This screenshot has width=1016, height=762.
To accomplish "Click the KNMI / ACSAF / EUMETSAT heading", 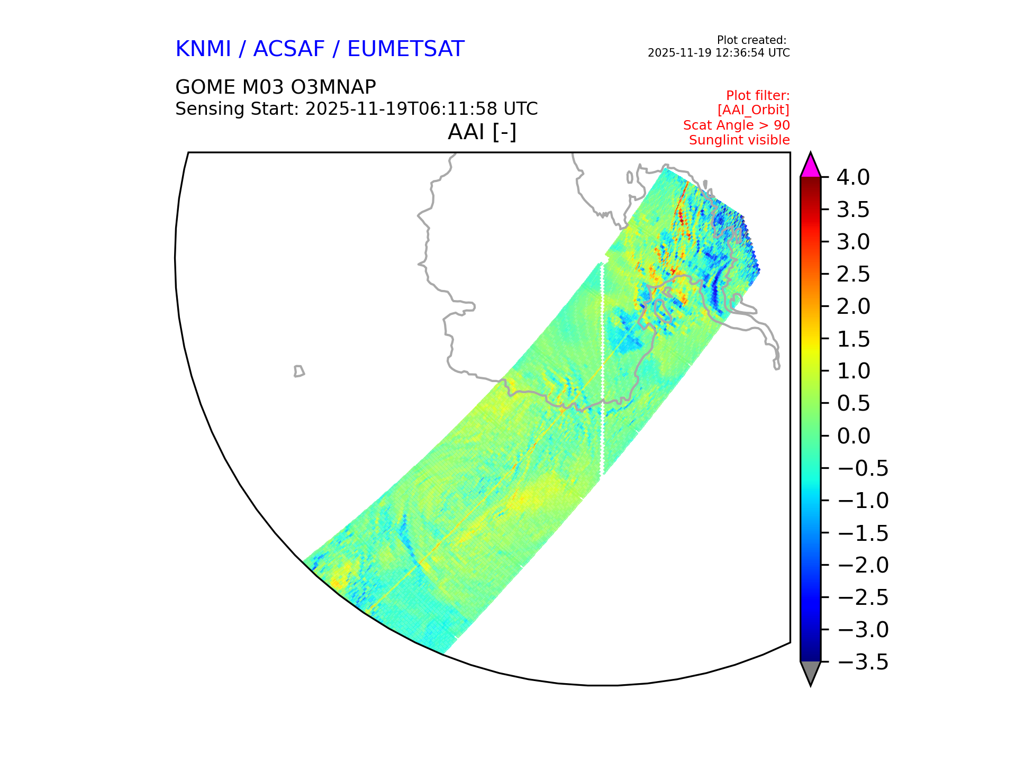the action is point(320,49).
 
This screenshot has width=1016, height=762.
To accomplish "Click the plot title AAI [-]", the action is point(482,132).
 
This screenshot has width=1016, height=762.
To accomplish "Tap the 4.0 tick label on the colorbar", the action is point(853,178).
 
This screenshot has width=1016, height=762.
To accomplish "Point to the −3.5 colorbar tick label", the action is point(863,662).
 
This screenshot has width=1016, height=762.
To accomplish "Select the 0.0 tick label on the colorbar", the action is point(854,436).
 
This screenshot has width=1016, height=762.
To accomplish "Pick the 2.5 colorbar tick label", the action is point(853,275).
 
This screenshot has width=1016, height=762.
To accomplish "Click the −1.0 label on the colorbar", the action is point(863,501).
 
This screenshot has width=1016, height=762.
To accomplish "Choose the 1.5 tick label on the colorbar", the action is point(853,339).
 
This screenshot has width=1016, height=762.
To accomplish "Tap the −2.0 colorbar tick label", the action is point(863,565).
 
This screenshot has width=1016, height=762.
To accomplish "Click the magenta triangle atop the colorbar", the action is point(810,166).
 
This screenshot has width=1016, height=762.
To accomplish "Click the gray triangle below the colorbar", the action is point(810,672).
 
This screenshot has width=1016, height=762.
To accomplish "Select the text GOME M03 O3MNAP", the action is point(276,87).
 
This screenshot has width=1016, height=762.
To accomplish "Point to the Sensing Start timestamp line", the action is point(357,109).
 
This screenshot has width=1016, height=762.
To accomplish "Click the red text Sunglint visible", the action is point(739,140).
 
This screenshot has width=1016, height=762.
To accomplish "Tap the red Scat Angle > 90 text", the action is point(737,125).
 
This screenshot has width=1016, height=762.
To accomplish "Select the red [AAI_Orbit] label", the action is point(754,110).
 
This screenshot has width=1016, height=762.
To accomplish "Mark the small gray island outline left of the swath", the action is point(299,371).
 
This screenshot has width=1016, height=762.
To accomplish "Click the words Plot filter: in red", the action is point(758,96).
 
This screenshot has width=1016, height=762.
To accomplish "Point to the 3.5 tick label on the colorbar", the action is point(853,210).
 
